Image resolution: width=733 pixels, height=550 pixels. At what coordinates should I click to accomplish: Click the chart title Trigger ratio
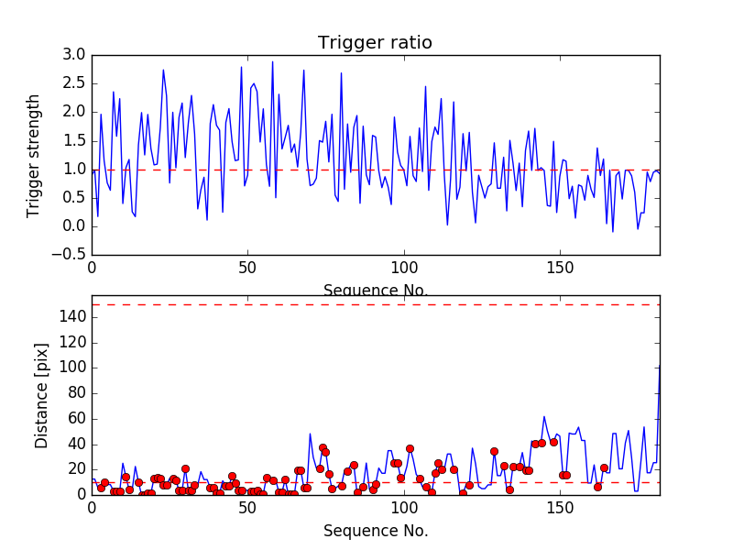(x=375, y=43)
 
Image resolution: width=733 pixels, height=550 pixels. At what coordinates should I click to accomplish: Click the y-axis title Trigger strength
(x=34, y=155)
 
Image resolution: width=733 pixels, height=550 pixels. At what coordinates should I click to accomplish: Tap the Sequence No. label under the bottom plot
(x=375, y=531)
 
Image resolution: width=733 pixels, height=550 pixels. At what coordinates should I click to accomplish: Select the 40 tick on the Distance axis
(x=75, y=444)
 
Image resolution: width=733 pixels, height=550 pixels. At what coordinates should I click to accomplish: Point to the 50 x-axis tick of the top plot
(x=247, y=269)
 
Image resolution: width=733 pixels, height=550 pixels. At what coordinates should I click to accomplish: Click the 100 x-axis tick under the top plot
(x=403, y=269)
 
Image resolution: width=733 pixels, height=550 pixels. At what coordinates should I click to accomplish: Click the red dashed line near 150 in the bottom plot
(x=366, y=304)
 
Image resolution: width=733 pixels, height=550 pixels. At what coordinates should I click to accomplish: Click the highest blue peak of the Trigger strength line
(x=272, y=62)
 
